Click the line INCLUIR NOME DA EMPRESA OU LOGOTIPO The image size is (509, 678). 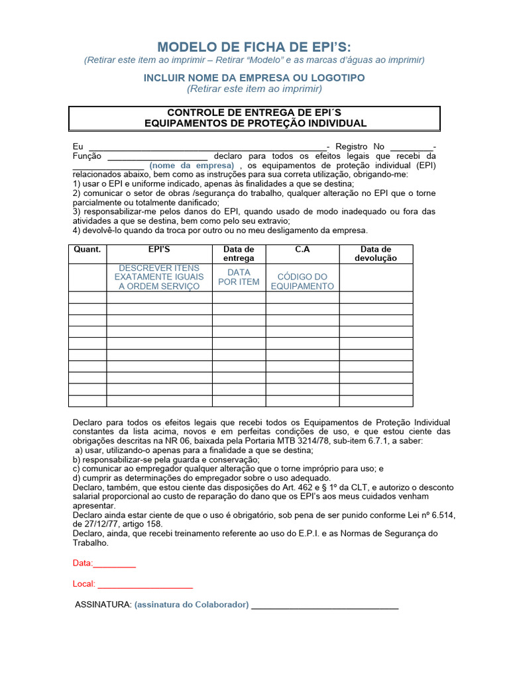(254, 77)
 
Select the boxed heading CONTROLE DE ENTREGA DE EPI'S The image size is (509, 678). (254, 113)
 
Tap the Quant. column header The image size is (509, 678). (87, 250)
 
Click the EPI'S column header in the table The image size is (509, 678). (159, 250)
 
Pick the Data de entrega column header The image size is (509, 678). (239, 254)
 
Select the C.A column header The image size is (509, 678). (302, 250)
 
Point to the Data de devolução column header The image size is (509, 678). (376, 254)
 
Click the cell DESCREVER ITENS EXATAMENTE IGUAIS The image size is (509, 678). (159, 277)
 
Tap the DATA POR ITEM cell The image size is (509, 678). (239, 277)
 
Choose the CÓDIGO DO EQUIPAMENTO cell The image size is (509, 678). (302, 281)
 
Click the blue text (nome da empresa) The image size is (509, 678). (192, 165)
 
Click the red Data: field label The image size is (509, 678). (83, 563)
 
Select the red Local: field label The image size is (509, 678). (84, 584)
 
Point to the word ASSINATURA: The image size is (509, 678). (103, 605)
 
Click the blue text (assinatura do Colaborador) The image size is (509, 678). (192, 605)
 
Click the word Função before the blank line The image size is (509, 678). (87, 156)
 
